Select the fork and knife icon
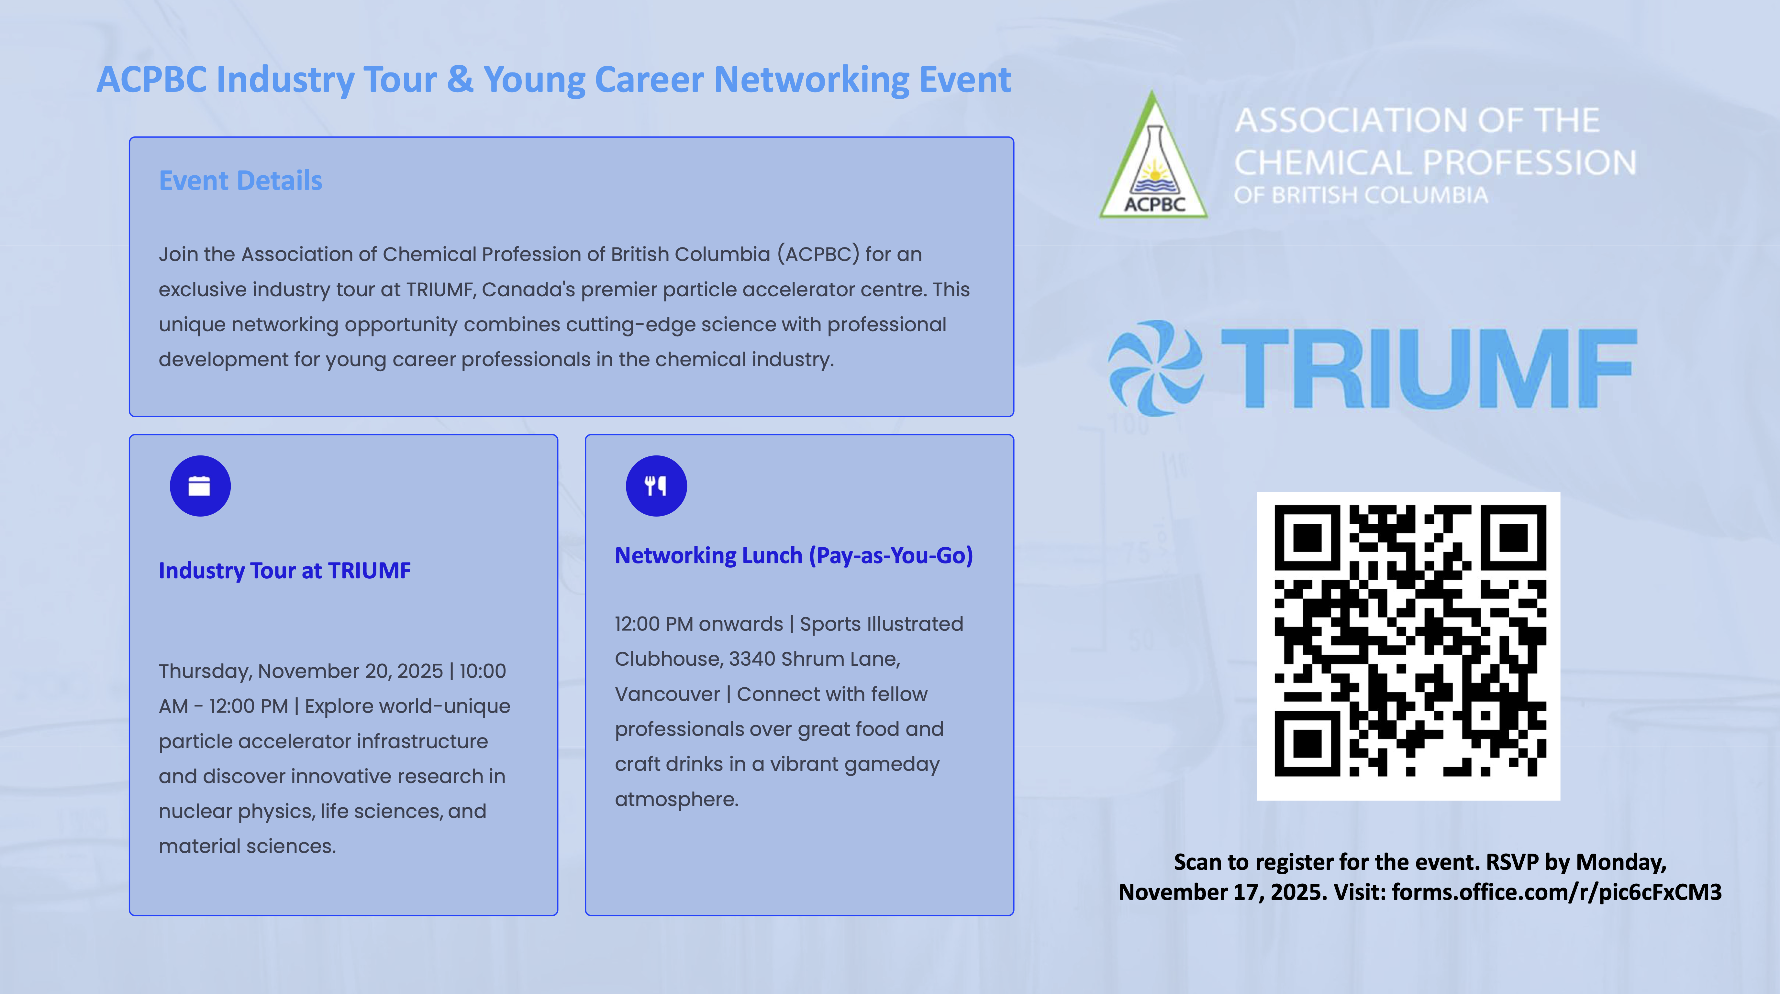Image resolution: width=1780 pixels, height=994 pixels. [656, 486]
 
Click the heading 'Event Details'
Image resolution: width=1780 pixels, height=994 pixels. [240, 181]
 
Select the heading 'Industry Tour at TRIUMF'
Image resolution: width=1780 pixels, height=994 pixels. [285, 571]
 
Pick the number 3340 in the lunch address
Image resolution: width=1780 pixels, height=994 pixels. [752, 659]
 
